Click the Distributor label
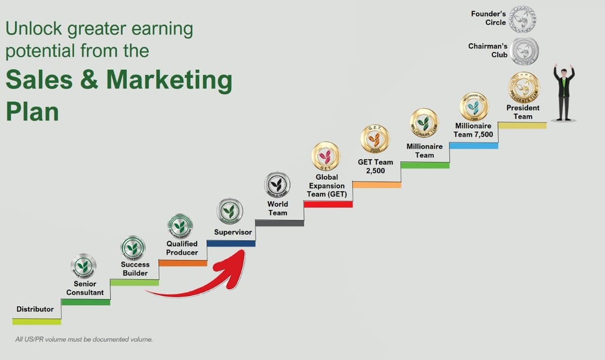tap(35, 309)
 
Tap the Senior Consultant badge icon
tap(83, 265)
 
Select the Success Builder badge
tap(133, 247)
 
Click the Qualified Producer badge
tap(180, 225)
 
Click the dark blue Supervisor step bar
tap(231, 243)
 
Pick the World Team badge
tap(277, 184)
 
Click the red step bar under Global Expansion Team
tap(328, 204)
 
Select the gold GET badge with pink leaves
tap(326, 156)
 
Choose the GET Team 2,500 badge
tap(375, 139)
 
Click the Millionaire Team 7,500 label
tap(473, 130)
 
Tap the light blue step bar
tap(473, 145)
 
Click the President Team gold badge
tap(523, 87)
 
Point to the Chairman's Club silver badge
tap(525, 51)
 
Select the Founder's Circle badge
tap(522, 19)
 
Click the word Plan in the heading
tap(32, 111)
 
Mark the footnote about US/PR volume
tap(84, 339)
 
